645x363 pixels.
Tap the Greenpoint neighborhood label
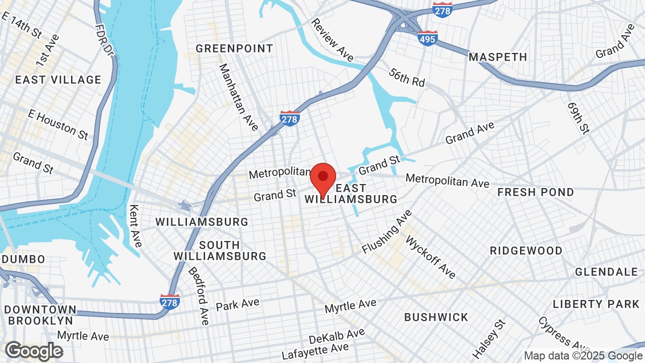click(x=234, y=48)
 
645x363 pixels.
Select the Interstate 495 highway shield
click(x=427, y=38)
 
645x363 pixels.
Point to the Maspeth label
click(x=498, y=57)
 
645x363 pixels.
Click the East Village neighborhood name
click(x=58, y=80)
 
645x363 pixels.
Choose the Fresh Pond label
click(x=536, y=192)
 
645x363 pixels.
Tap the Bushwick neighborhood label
click(x=436, y=317)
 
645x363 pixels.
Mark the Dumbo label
click(x=24, y=259)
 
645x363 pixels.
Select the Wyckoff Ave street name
click(x=430, y=257)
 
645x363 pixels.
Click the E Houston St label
click(x=58, y=125)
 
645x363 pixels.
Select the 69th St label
click(x=578, y=118)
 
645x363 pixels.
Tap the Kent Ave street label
click(x=135, y=226)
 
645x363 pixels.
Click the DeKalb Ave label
click(x=337, y=335)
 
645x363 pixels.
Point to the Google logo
click(x=34, y=351)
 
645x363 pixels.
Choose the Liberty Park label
click(x=596, y=304)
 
